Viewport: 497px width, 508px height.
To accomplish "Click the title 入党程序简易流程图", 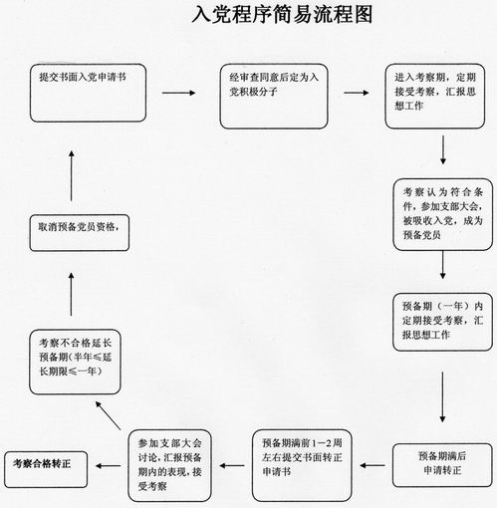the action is pyautogui.click(x=282, y=15).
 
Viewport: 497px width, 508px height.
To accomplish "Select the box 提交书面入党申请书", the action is pyautogui.click(x=88, y=93).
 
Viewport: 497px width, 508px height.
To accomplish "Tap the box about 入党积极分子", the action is pyautogui.click(x=274, y=97).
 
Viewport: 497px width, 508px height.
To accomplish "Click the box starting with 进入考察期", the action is pyautogui.click(x=435, y=97).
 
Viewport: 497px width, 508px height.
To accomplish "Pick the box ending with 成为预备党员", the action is pyautogui.click(x=443, y=214).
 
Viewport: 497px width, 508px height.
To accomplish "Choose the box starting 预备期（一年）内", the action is pyautogui.click(x=442, y=322).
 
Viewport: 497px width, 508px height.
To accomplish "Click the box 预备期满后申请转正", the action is pyautogui.click(x=442, y=465).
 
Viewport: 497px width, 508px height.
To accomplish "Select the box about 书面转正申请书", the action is pyautogui.click(x=302, y=465).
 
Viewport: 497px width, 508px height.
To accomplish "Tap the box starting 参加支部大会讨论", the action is pyautogui.click(x=169, y=465).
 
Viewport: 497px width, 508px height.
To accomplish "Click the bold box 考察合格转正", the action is pyautogui.click(x=46, y=469).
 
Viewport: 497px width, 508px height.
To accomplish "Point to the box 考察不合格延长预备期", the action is pyautogui.click(x=75, y=362).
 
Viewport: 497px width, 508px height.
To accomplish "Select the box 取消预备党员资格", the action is pyautogui.click(x=80, y=233).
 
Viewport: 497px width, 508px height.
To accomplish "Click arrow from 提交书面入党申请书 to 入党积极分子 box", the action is pyautogui.click(x=178, y=93).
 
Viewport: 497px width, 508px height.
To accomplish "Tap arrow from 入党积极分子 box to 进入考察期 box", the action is pyautogui.click(x=357, y=93).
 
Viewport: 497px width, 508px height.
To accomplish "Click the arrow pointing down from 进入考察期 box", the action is pyautogui.click(x=443, y=149).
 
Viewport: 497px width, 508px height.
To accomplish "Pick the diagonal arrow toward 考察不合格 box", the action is pyautogui.click(x=108, y=415).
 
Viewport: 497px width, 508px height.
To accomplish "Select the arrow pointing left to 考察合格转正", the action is pyautogui.click(x=109, y=466).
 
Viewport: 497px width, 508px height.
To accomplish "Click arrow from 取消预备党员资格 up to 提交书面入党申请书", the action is pyautogui.click(x=72, y=175).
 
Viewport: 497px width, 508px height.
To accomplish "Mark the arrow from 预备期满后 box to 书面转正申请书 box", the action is pyautogui.click(x=373, y=465).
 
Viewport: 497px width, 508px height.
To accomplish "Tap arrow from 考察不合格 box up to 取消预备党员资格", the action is pyautogui.click(x=71, y=294).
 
